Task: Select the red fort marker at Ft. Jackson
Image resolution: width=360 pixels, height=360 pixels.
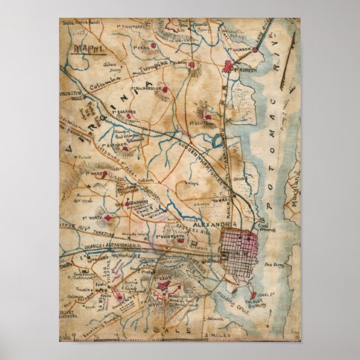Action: click(x=254, y=50)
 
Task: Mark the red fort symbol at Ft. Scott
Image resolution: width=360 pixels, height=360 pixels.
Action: click(x=207, y=117)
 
